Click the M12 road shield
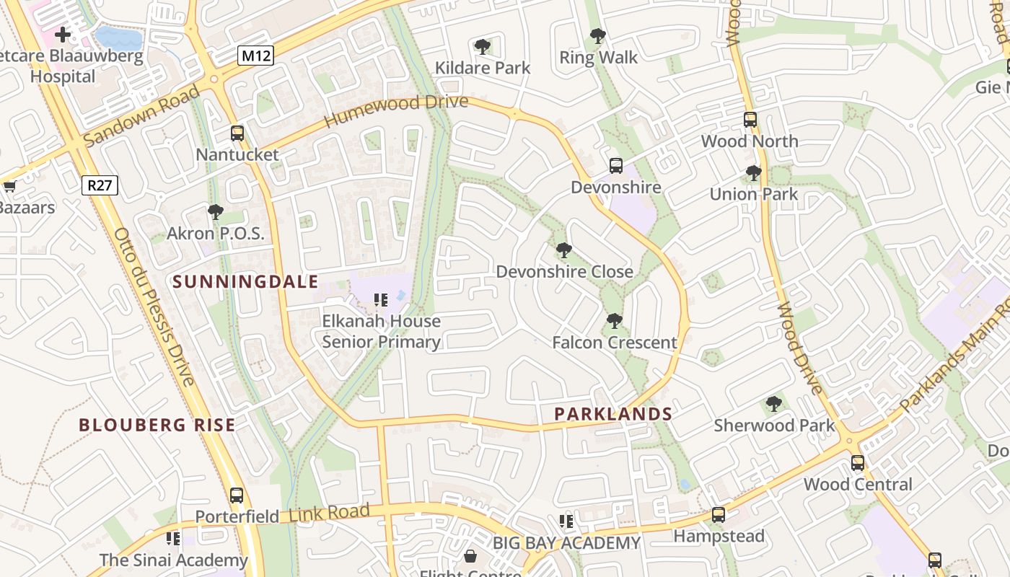(x=256, y=56)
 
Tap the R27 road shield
(x=100, y=185)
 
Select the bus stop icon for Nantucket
(x=237, y=133)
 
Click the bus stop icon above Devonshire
(x=615, y=166)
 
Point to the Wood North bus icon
(x=750, y=120)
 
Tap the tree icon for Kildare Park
(x=483, y=47)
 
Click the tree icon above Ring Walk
(x=597, y=35)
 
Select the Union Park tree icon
(x=753, y=173)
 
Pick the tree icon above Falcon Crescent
(x=614, y=320)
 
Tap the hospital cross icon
(x=63, y=34)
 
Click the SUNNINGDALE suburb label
(x=245, y=281)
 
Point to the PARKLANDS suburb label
(x=612, y=414)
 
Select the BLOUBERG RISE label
(x=157, y=425)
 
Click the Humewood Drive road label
(x=396, y=111)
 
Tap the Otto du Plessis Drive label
(x=154, y=307)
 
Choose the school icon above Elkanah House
(x=381, y=299)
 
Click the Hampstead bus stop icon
(x=718, y=515)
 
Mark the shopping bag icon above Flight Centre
(x=470, y=556)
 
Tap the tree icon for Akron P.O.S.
(x=215, y=211)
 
